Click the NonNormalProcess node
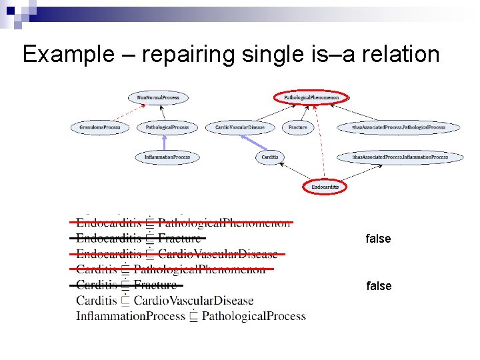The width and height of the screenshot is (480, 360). tap(158, 98)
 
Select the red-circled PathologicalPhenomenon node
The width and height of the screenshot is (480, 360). tap(311, 98)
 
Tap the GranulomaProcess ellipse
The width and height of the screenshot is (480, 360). tap(99, 127)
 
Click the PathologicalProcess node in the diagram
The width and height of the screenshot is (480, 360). tap(167, 127)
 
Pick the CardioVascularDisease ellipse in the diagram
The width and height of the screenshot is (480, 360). tap(240, 127)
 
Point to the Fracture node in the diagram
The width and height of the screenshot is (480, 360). tap(298, 127)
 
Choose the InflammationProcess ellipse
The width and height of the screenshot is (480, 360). tap(167, 157)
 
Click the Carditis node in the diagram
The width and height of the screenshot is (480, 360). tap(270, 157)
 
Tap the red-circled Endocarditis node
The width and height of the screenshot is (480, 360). tap(325, 187)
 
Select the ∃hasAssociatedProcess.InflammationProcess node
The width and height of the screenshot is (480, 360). tap(400, 157)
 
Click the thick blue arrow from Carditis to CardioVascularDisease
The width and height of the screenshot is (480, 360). tap(253, 142)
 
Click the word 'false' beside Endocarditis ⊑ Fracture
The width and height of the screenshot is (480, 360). tap(378, 239)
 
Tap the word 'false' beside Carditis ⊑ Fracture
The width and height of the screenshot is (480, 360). tap(378, 286)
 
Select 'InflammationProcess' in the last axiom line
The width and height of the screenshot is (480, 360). tap(129, 316)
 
